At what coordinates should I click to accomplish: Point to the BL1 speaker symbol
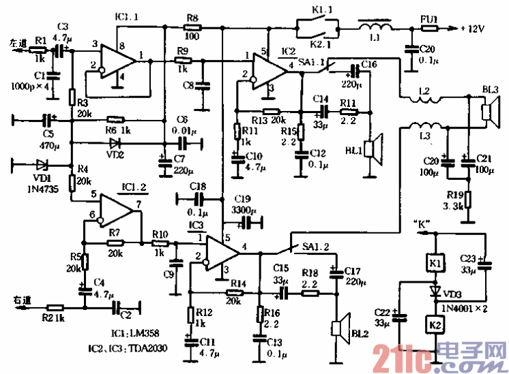(373, 149)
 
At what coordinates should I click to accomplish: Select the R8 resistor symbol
(192, 28)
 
